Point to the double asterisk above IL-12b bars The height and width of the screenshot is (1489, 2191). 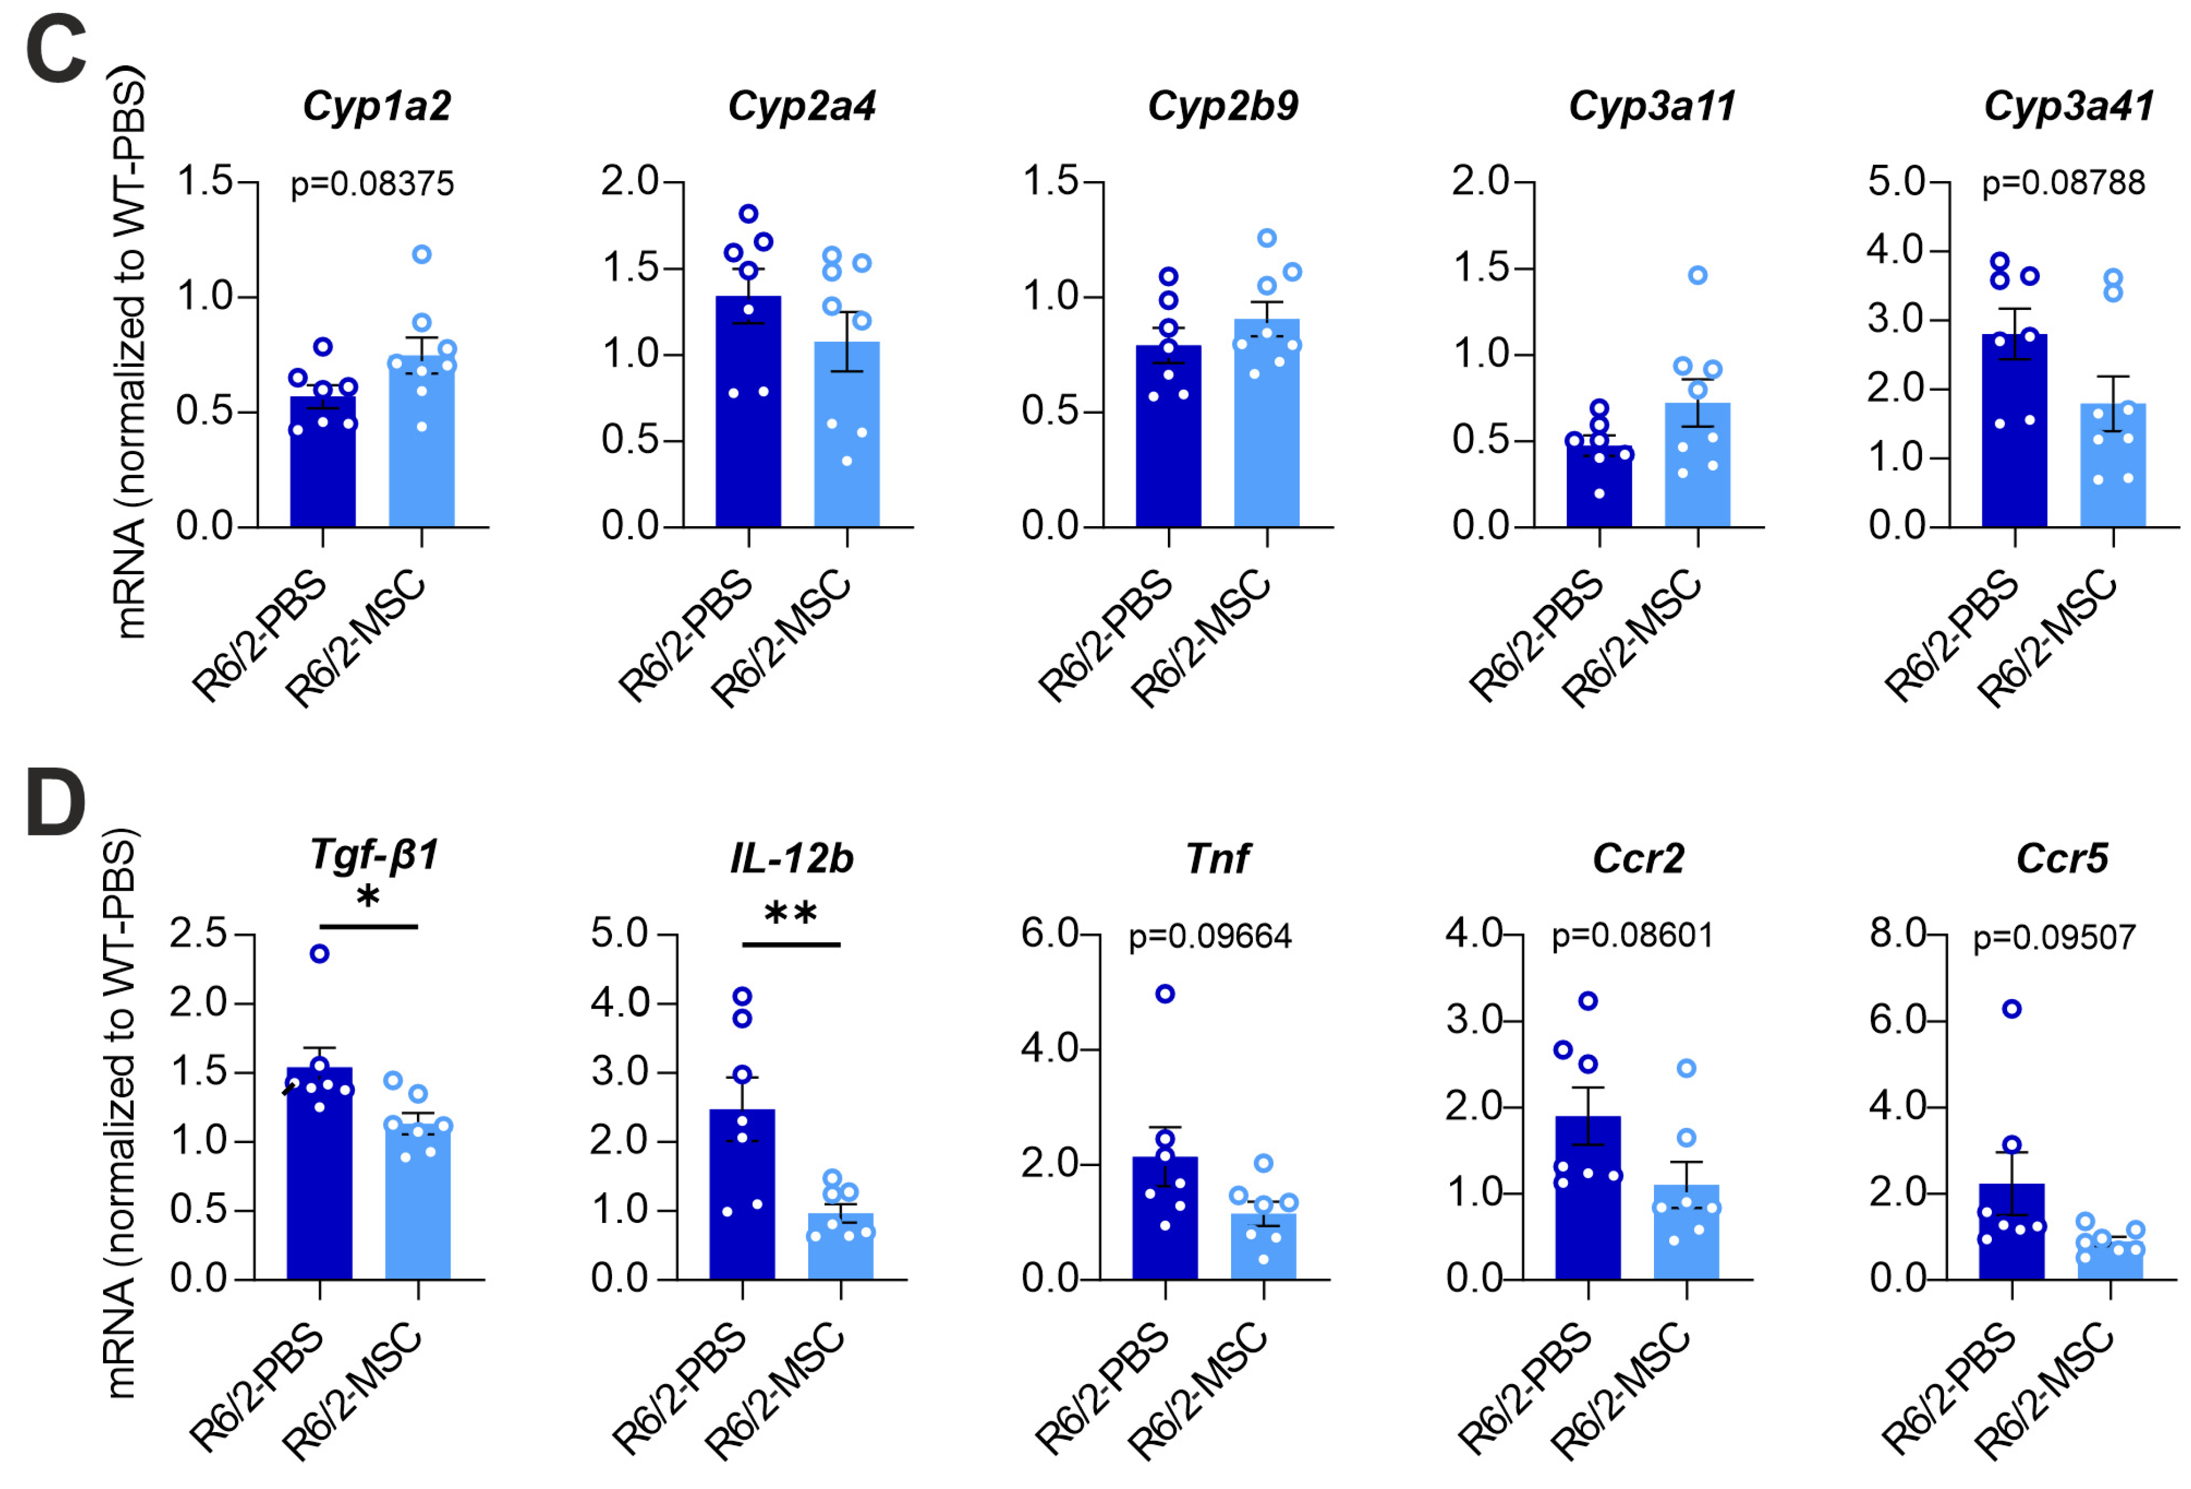790,914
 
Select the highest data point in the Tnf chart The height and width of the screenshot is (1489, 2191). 1165,993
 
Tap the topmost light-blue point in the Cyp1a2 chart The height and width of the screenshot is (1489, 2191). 422,254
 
